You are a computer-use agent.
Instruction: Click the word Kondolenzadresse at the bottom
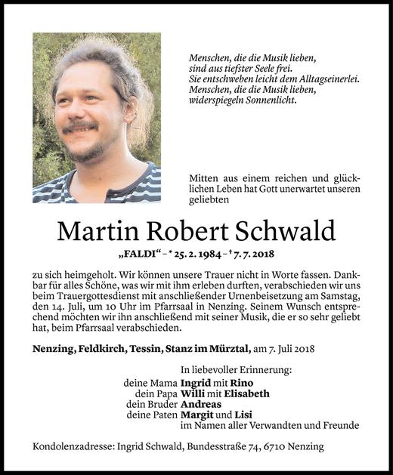[x=69, y=447]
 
